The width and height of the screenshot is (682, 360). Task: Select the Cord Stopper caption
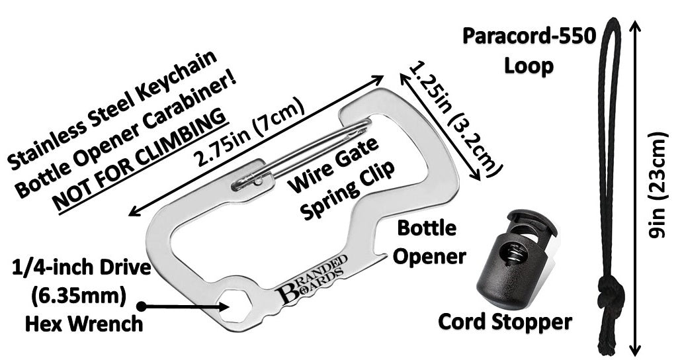(505, 322)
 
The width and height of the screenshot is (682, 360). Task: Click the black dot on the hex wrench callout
(142, 306)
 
